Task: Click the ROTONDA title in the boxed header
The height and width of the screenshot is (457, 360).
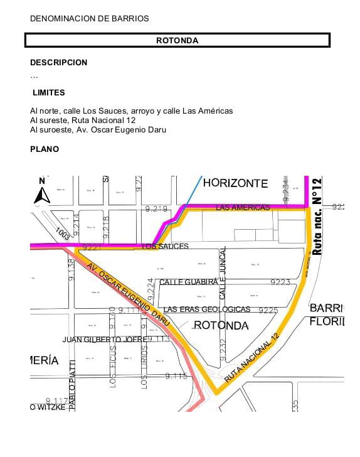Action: point(177,41)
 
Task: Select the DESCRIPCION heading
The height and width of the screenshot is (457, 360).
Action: point(59,63)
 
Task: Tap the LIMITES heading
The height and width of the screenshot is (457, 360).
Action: point(49,92)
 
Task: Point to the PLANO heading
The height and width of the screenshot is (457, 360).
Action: point(45,149)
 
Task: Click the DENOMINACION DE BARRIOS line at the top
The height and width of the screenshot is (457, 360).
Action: point(90,19)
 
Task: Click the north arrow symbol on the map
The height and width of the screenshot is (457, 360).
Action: point(42,191)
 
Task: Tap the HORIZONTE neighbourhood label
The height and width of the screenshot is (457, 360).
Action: point(235,183)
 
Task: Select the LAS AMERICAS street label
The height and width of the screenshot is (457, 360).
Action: point(242,207)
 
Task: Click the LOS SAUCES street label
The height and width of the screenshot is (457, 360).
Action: point(166,247)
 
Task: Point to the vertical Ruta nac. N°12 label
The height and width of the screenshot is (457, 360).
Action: point(317,216)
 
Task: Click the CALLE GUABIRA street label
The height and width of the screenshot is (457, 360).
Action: point(188,282)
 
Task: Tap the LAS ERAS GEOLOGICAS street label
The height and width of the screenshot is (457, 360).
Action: point(206,309)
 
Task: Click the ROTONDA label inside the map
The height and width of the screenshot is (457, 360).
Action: point(221,325)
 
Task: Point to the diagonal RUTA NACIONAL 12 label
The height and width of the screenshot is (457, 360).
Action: point(250,360)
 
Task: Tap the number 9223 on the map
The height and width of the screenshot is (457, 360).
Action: point(280,282)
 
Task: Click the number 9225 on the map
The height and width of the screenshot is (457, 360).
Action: point(268,310)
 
